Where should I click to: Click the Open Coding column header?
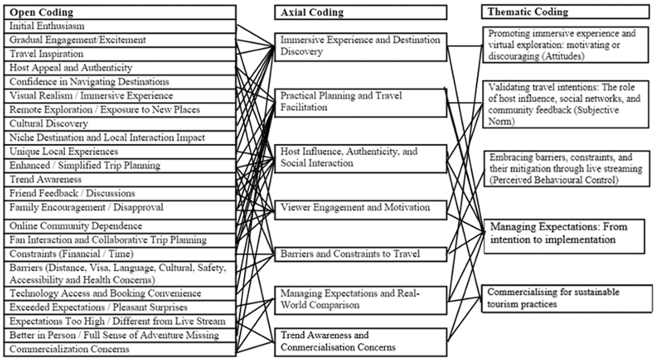point(120,12)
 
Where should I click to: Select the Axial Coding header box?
point(361,12)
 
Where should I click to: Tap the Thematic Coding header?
point(565,12)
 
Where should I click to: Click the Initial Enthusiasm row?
point(120,26)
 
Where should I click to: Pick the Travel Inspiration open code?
point(120,54)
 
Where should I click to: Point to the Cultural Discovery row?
point(120,124)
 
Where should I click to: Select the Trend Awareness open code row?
point(120,180)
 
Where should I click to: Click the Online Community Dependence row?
point(120,226)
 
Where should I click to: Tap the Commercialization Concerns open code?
point(120,349)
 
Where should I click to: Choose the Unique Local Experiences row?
point(120,151)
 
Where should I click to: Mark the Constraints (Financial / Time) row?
point(120,254)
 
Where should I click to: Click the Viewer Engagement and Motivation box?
point(361,210)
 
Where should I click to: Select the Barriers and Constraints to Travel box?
point(361,254)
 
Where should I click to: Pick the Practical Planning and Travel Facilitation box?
point(361,103)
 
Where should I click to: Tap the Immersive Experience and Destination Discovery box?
point(361,47)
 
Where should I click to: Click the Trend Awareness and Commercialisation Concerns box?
point(361,342)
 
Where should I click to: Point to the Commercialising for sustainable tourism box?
point(567,298)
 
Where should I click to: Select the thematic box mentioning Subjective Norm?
point(566,104)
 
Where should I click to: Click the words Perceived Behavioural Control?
point(554,180)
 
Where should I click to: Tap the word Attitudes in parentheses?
point(560,57)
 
